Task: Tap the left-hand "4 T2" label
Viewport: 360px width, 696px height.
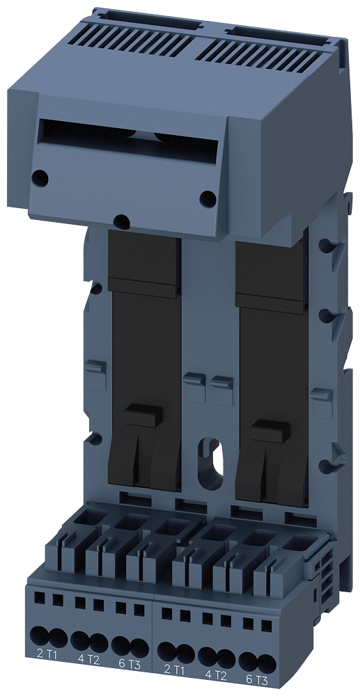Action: [x=88, y=656]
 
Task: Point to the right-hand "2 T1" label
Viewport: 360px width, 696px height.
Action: [x=175, y=670]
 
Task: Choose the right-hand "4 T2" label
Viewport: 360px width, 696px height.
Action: [x=216, y=674]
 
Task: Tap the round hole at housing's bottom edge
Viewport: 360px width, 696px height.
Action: [x=122, y=222]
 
